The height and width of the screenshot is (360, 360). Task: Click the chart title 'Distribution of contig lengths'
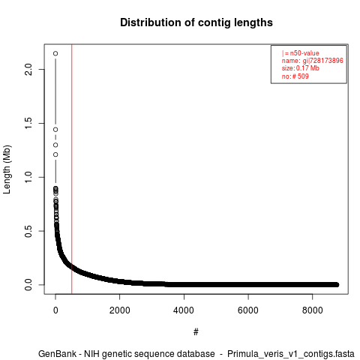point(196,22)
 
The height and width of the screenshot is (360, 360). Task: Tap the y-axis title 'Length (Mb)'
point(7,169)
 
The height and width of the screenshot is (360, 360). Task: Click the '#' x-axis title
point(196,332)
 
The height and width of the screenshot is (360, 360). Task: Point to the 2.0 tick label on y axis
point(28,69)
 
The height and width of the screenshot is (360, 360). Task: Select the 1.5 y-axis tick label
point(28,123)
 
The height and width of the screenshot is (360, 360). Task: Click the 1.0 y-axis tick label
point(28,177)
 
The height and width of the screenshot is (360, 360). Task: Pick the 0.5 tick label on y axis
point(28,231)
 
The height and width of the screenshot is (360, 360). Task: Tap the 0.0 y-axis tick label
point(28,285)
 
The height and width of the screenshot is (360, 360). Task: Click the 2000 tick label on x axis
point(120,310)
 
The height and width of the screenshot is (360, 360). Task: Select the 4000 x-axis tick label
point(184,310)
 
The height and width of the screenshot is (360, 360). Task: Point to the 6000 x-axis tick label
point(248,310)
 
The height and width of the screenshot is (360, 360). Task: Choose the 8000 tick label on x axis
point(313,310)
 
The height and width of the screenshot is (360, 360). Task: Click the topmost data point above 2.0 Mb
point(55,53)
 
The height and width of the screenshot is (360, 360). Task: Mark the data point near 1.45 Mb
point(55,130)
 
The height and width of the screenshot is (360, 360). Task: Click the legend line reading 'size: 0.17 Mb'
point(301,68)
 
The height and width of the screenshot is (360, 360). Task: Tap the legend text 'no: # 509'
point(295,76)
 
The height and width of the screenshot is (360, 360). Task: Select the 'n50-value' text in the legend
point(304,53)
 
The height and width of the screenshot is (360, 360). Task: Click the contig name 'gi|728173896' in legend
point(323,61)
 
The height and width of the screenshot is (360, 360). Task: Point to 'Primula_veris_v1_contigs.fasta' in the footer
point(291,354)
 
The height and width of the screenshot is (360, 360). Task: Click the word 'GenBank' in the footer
point(58,354)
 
